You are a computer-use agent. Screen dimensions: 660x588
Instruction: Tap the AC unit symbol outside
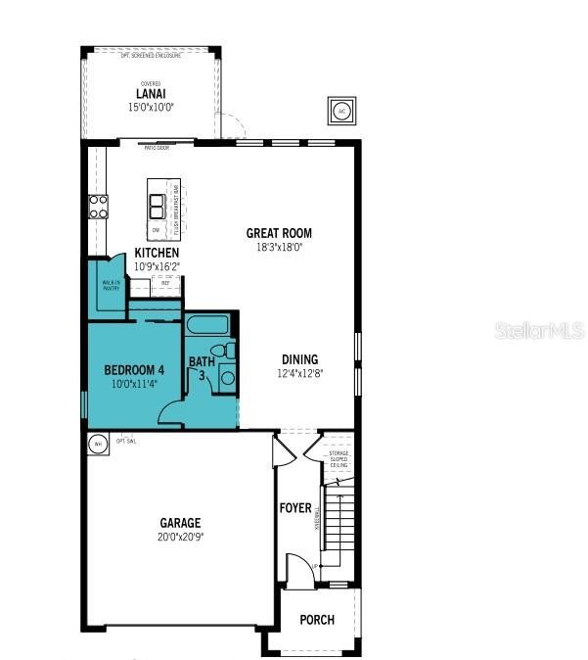click(342, 111)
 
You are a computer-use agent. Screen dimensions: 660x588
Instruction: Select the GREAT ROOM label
click(279, 233)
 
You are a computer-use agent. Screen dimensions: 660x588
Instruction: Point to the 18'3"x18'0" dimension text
click(279, 248)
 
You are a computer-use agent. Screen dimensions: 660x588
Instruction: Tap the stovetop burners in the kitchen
click(99, 206)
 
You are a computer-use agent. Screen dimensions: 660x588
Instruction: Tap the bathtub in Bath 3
click(206, 326)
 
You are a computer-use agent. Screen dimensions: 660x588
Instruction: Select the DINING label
click(299, 359)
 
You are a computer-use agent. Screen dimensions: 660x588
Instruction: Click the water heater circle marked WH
click(97, 445)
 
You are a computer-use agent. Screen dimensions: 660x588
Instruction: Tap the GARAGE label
click(181, 523)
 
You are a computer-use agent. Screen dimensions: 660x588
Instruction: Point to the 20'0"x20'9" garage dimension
click(181, 537)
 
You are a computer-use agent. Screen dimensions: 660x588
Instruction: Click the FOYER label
click(295, 508)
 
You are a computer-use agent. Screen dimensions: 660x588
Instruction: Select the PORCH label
click(317, 620)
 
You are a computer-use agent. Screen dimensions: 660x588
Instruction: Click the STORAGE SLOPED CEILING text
click(338, 458)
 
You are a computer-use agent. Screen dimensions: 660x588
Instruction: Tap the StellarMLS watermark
click(540, 331)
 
